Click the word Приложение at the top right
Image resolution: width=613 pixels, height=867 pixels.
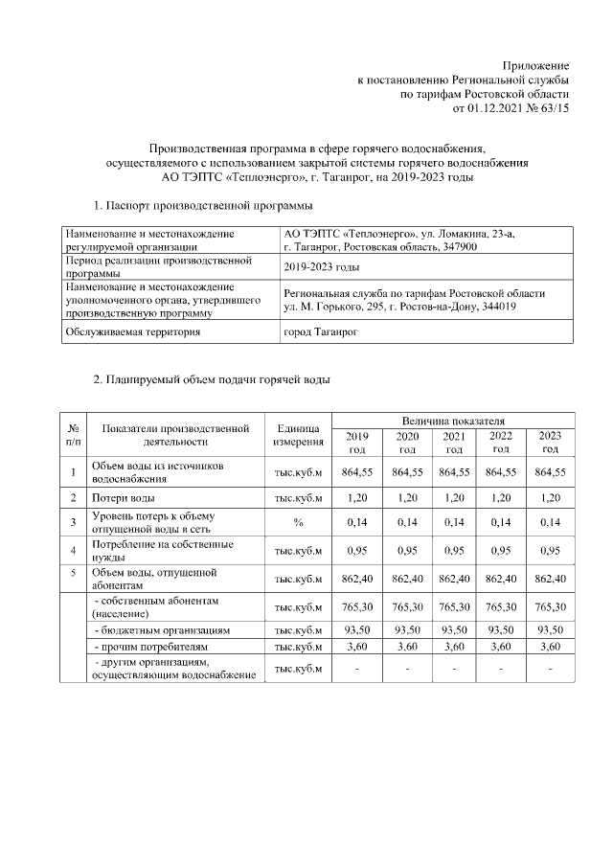click(x=536, y=64)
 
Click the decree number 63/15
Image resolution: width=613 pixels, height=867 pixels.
click(x=554, y=110)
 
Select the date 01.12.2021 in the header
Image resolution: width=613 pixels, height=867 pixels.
click(x=496, y=110)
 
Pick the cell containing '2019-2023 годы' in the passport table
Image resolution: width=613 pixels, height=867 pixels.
click(x=322, y=266)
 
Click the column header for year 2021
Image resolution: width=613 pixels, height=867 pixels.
click(x=454, y=443)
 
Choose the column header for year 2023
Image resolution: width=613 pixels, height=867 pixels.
click(x=550, y=443)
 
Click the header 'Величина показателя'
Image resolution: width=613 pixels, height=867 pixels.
click(x=453, y=421)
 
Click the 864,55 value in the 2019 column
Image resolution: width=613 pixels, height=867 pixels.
click(x=356, y=472)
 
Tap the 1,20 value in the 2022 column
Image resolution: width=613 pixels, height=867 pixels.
click(x=501, y=498)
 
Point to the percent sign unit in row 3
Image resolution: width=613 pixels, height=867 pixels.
click(x=298, y=523)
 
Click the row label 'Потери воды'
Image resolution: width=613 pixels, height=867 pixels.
click(x=123, y=498)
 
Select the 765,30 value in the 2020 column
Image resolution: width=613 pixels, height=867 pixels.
click(x=407, y=607)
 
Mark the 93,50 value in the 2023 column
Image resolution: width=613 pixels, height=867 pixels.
click(x=550, y=630)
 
